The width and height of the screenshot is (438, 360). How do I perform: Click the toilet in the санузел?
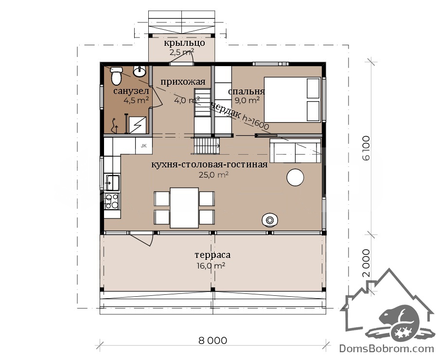116,75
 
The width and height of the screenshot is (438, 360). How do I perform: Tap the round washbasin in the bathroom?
140,72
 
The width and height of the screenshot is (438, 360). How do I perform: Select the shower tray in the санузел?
137,125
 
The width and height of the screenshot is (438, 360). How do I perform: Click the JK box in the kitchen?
143,145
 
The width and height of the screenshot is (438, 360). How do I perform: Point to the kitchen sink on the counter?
112,182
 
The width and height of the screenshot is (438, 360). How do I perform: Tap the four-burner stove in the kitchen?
112,201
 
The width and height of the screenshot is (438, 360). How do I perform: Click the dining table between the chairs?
184,208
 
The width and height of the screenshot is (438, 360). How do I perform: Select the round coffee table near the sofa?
295,177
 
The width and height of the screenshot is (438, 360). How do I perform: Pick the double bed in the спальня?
292,100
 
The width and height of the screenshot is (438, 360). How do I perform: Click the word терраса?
212,255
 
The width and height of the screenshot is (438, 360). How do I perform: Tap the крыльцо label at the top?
184,43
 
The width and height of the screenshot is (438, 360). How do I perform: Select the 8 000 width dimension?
213,341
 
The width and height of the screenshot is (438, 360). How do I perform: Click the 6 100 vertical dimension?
366,148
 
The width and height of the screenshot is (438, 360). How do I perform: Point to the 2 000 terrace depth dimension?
366,263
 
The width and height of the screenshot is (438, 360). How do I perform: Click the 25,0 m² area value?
214,175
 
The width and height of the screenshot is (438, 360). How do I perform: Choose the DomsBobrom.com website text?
386,349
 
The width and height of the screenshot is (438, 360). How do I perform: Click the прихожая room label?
183,82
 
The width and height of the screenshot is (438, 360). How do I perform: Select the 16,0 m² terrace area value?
211,266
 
